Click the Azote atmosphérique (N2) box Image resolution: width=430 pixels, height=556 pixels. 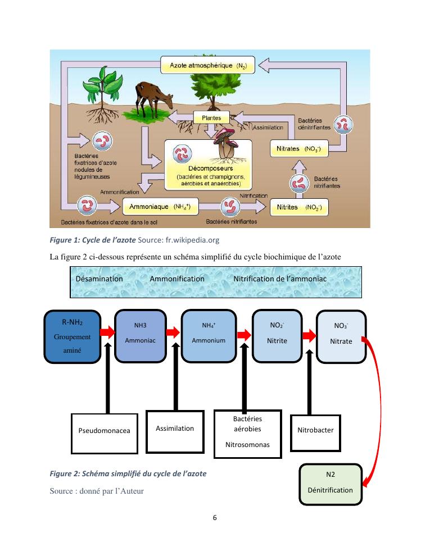click(209, 65)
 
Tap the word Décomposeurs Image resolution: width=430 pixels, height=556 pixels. click(207, 168)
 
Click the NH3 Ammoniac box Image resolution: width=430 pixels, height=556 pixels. click(140, 334)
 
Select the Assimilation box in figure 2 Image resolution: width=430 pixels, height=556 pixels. click(175, 429)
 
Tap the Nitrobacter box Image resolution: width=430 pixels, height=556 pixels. click(315, 430)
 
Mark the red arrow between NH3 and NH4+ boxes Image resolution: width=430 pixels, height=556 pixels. click(174, 332)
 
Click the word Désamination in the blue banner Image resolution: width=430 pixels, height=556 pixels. click(99, 279)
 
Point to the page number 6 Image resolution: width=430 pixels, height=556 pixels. click(215, 517)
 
